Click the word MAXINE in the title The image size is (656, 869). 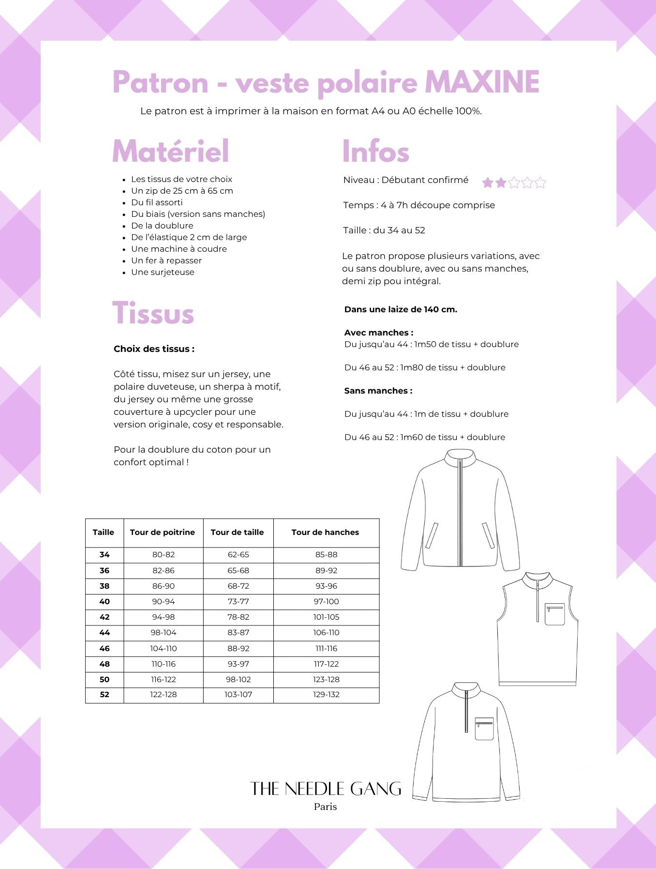pos(482,82)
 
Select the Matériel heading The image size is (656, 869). pos(170,151)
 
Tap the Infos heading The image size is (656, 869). pos(375,151)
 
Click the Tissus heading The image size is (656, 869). pos(153,313)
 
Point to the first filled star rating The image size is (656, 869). pos(488,183)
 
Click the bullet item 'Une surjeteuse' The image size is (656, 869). pos(163,272)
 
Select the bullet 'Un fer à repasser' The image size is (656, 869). pos(166,260)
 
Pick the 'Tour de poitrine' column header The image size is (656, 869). pos(163,532)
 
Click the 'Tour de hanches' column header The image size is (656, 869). pos(325,532)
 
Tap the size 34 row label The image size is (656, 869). pos(104,555)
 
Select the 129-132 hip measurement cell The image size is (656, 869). pos(327,694)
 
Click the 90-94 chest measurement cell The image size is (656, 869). pos(164,601)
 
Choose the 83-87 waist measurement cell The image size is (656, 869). pos(239,632)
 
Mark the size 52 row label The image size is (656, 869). pos(104,694)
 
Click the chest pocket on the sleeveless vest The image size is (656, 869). pos(555,614)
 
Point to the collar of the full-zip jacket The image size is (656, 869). pos(461,457)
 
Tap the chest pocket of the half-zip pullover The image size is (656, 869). pos(484,728)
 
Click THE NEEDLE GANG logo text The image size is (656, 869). pos(326,789)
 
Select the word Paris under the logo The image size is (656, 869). pos(326,807)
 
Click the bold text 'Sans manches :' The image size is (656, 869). pos(378,391)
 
